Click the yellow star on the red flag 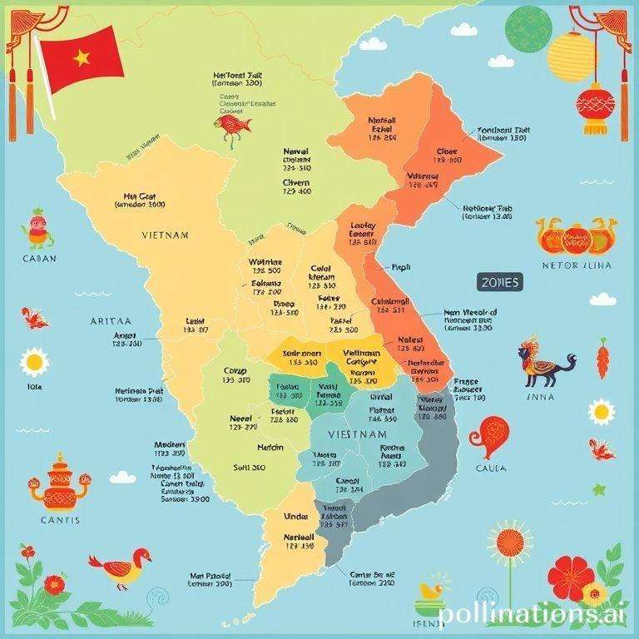(x=82, y=57)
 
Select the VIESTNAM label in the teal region (x=357, y=434)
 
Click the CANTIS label (x=59, y=520)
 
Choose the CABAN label (x=38, y=259)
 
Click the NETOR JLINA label (x=576, y=266)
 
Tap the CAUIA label (x=491, y=468)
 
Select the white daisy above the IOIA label (x=35, y=362)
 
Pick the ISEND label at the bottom (x=430, y=622)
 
